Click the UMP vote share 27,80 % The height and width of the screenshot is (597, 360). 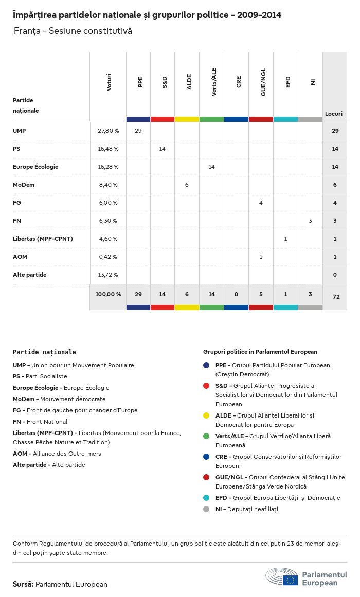coord(108,131)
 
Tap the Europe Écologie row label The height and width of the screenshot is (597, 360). coord(35,167)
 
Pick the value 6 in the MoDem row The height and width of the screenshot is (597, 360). coord(187,185)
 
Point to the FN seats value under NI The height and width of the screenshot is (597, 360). coord(310,221)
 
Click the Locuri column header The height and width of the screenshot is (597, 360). coord(334,114)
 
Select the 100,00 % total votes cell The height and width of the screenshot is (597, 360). coord(108,294)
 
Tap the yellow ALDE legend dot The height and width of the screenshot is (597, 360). coord(206,415)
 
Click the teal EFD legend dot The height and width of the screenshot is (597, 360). coord(206,498)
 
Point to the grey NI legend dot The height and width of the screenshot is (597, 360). coord(206,509)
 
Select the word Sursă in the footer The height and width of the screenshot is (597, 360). coord(23,584)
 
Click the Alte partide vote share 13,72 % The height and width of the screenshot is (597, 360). coord(108,275)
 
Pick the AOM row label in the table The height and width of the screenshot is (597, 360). coord(19,257)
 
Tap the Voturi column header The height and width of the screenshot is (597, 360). coord(109,82)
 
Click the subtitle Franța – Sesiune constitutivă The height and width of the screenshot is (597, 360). coord(73,31)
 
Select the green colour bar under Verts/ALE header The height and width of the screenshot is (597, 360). coord(211,119)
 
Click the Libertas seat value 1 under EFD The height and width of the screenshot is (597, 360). coord(285,239)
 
